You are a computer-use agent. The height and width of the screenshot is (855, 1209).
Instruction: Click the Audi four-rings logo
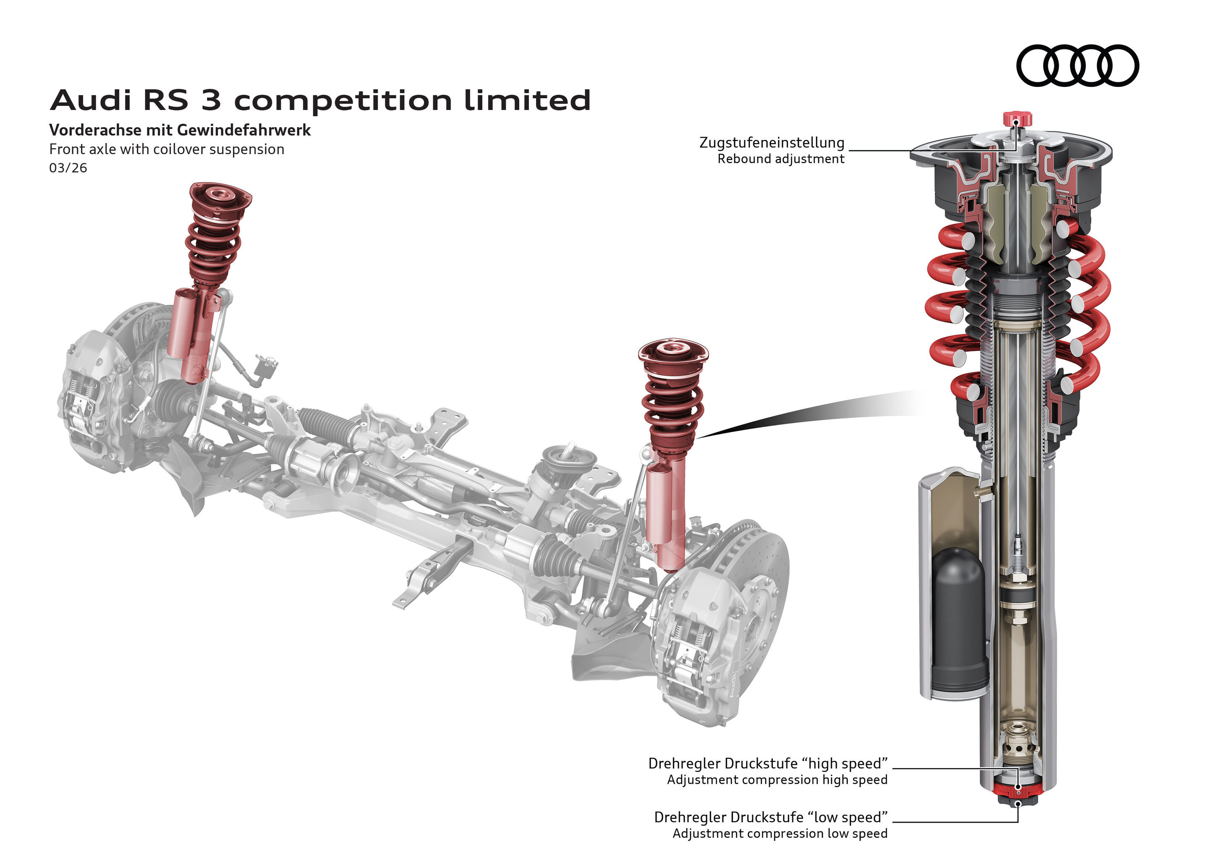pos(1077,65)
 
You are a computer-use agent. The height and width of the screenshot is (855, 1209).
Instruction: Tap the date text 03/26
pos(68,168)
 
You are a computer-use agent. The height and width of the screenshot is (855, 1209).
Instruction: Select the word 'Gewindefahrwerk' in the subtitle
pos(244,130)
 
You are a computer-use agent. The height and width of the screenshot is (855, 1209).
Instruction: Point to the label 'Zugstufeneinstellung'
pos(772,143)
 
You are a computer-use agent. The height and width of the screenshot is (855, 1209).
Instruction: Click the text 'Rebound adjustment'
pos(780,159)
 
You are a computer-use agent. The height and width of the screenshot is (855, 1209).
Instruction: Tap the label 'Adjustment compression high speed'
pos(777,780)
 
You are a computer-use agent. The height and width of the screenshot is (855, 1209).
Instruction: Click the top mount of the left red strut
pos(220,196)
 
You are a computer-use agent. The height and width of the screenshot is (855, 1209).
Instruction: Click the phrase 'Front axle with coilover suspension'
pos(166,149)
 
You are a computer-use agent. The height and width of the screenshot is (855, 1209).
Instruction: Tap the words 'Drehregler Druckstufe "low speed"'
pos(770,817)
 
